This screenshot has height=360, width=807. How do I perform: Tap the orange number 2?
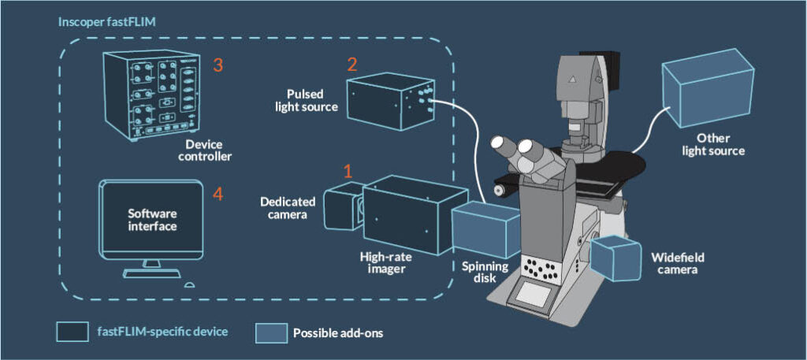352,65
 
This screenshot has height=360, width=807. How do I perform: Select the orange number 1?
348,170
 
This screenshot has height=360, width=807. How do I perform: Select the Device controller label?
208,150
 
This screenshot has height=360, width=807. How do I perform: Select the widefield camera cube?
618,257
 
